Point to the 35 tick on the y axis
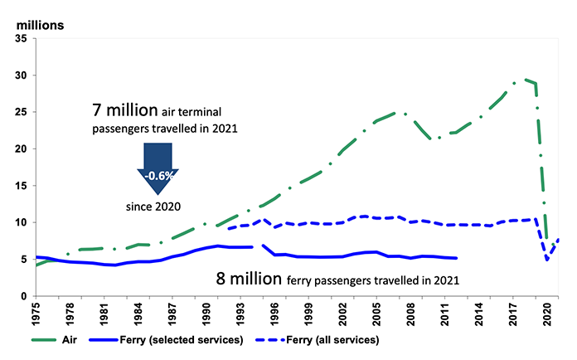pos(21,38)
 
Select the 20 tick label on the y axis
pos(21,148)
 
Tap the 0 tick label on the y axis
pos(24,295)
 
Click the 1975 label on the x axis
pos(35,314)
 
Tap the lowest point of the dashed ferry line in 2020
pos(546,260)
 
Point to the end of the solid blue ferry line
pos(456,258)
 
